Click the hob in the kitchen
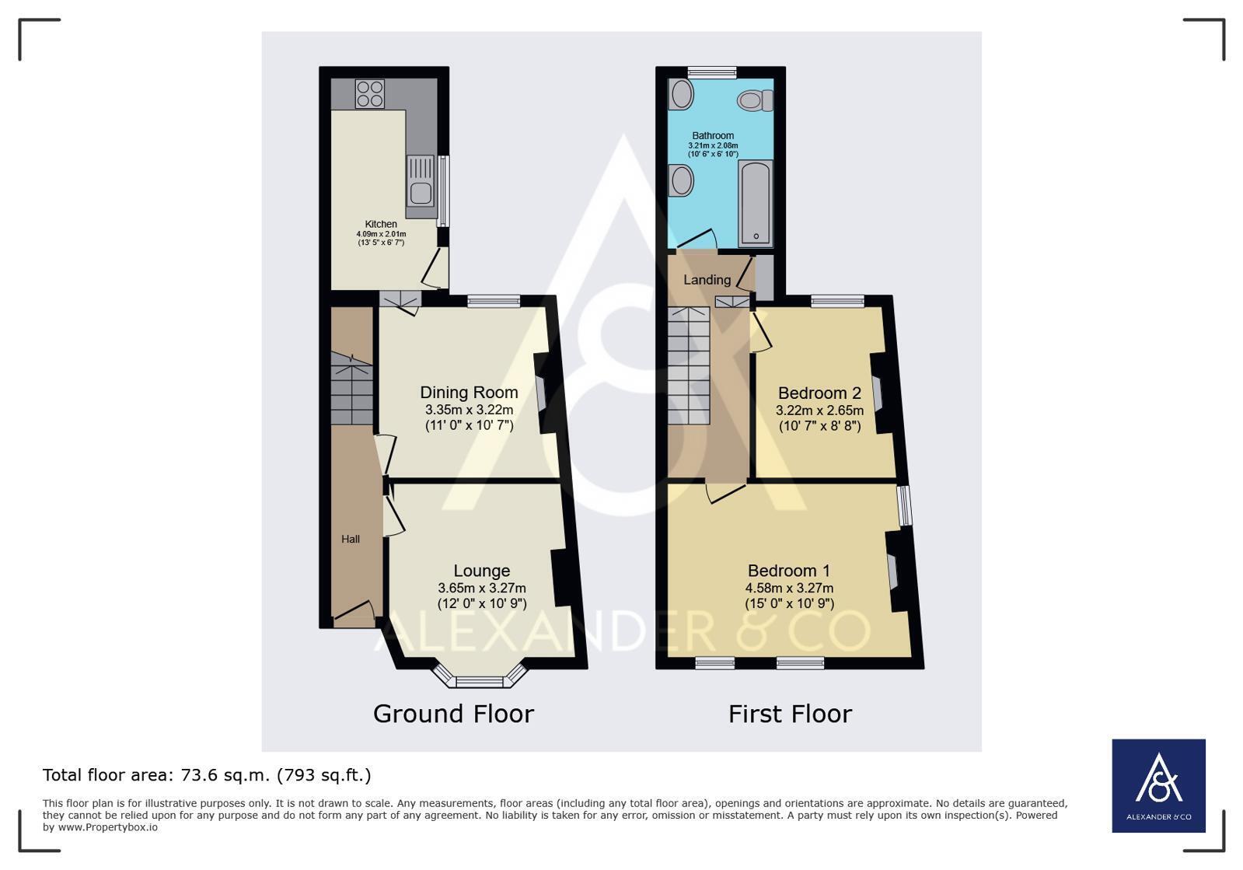369,93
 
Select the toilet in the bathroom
756,100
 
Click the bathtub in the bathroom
756,203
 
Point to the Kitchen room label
381,224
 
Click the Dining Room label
469,393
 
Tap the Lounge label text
482,571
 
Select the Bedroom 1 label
789,571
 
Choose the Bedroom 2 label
819,393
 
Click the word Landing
707,280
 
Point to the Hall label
350,539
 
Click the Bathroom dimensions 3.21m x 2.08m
713,145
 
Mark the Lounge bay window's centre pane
480,682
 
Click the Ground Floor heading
453,714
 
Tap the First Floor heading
791,714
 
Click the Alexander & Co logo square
1158,786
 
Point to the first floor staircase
689,365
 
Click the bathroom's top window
712,72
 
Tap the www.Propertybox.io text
107,827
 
